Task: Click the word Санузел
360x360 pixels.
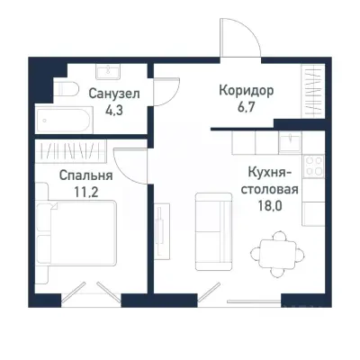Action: [112, 92]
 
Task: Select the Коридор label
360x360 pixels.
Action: [246, 92]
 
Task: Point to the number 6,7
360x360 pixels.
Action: [246, 109]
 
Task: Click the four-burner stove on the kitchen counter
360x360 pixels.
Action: [316, 166]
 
